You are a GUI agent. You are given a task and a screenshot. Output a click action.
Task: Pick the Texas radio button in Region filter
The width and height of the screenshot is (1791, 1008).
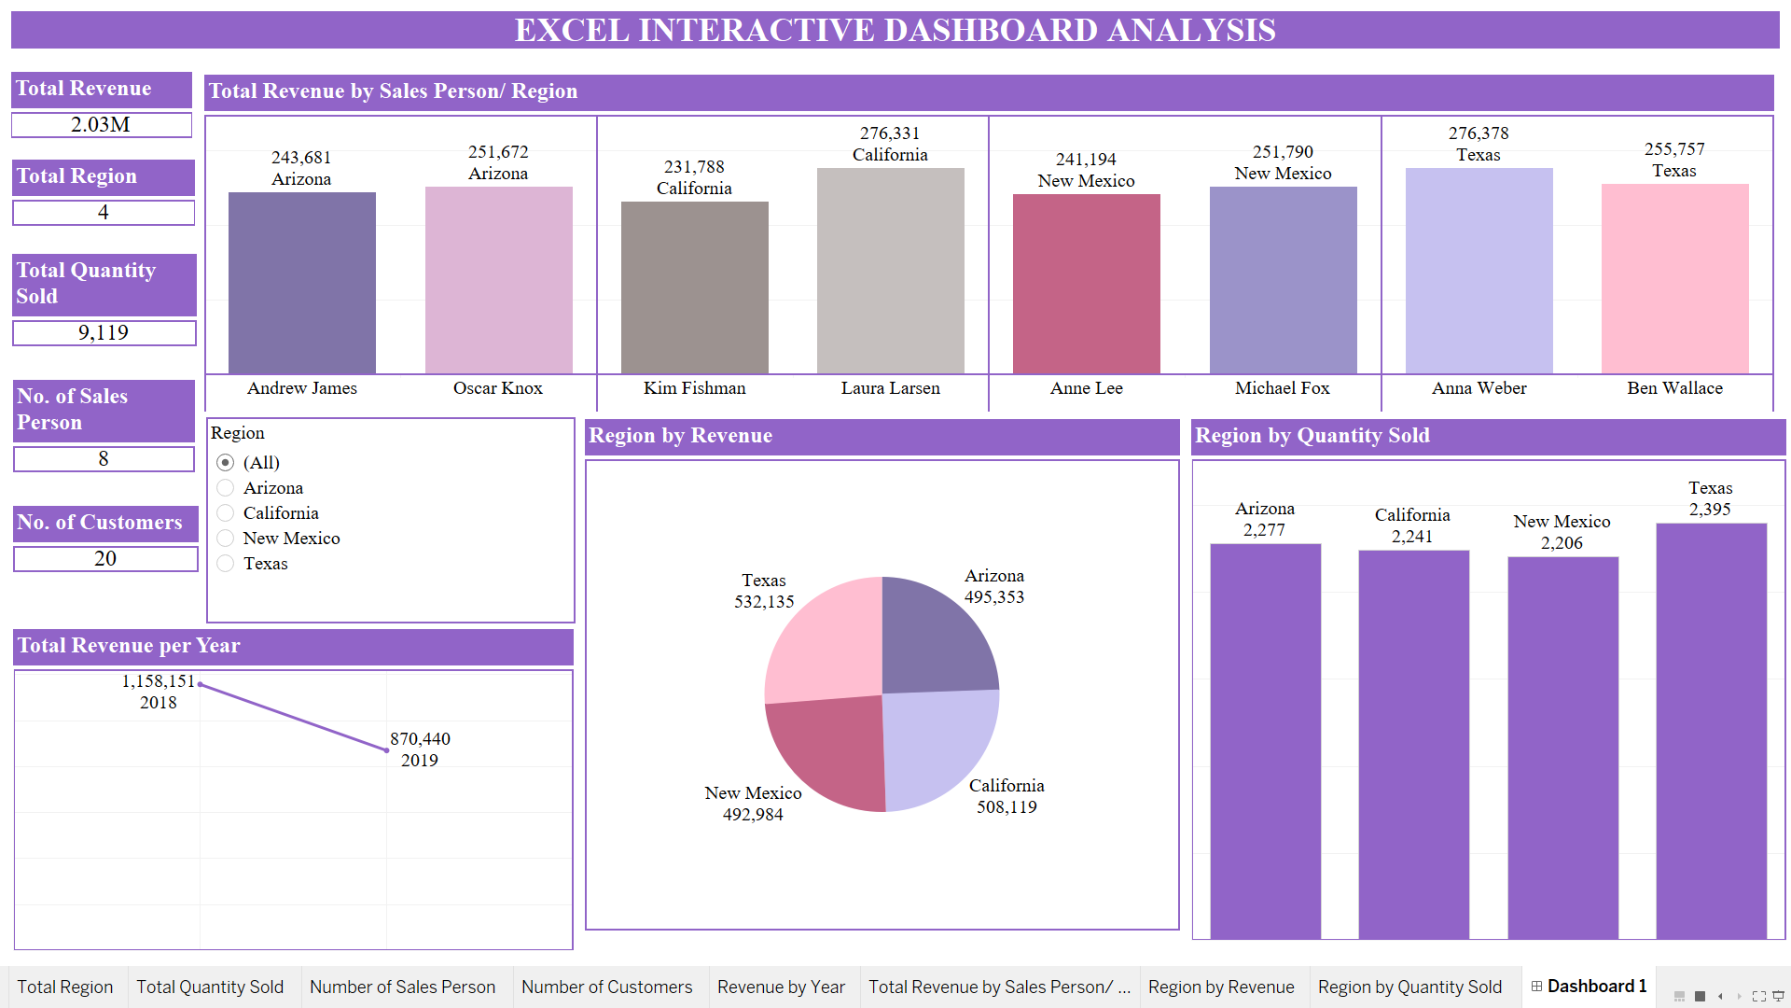pos(226,564)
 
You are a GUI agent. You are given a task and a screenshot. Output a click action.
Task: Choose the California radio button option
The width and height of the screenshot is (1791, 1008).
pos(226,513)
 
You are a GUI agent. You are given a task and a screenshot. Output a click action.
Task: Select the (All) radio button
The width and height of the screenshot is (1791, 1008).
pos(226,463)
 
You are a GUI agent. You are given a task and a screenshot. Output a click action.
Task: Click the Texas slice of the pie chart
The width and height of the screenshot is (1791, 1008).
pos(826,644)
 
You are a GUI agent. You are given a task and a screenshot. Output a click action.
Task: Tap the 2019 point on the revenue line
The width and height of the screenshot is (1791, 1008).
pos(387,750)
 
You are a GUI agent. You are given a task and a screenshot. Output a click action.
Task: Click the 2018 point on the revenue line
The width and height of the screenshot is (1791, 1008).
pos(201,685)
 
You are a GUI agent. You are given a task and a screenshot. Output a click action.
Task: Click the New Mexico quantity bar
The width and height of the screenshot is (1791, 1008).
pos(1562,747)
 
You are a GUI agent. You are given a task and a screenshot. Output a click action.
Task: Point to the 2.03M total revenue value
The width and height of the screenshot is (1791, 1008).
pos(101,125)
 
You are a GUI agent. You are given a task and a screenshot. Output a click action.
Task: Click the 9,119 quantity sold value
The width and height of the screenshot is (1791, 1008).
pos(104,333)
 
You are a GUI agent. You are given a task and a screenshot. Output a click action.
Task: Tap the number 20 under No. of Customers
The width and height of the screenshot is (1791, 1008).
pos(105,559)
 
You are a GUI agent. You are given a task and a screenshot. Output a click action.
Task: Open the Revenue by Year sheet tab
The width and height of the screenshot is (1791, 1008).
pos(781,987)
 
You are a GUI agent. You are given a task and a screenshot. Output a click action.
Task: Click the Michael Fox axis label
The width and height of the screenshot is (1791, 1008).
pos(1282,388)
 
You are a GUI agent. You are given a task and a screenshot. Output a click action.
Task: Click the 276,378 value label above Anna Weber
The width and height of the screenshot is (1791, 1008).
pos(1478,133)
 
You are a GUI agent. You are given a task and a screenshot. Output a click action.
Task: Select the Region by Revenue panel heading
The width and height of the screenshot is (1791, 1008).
pos(680,436)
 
